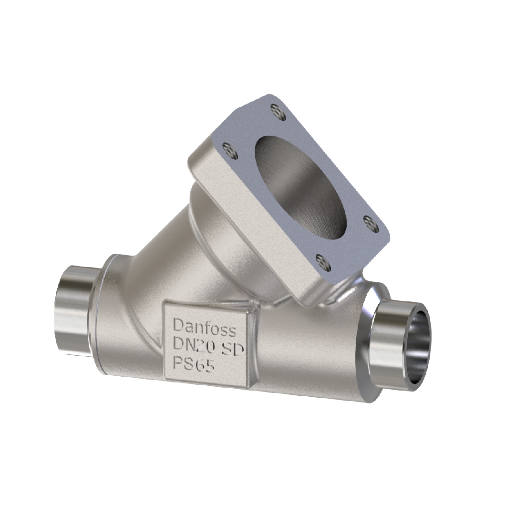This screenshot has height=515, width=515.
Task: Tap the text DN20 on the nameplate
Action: [193, 344]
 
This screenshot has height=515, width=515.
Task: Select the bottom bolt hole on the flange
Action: [322, 261]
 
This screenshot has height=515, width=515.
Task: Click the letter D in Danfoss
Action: [177, 325]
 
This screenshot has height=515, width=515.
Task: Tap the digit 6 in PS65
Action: [199, 366]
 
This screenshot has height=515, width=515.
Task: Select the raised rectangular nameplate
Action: [206, 343]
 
